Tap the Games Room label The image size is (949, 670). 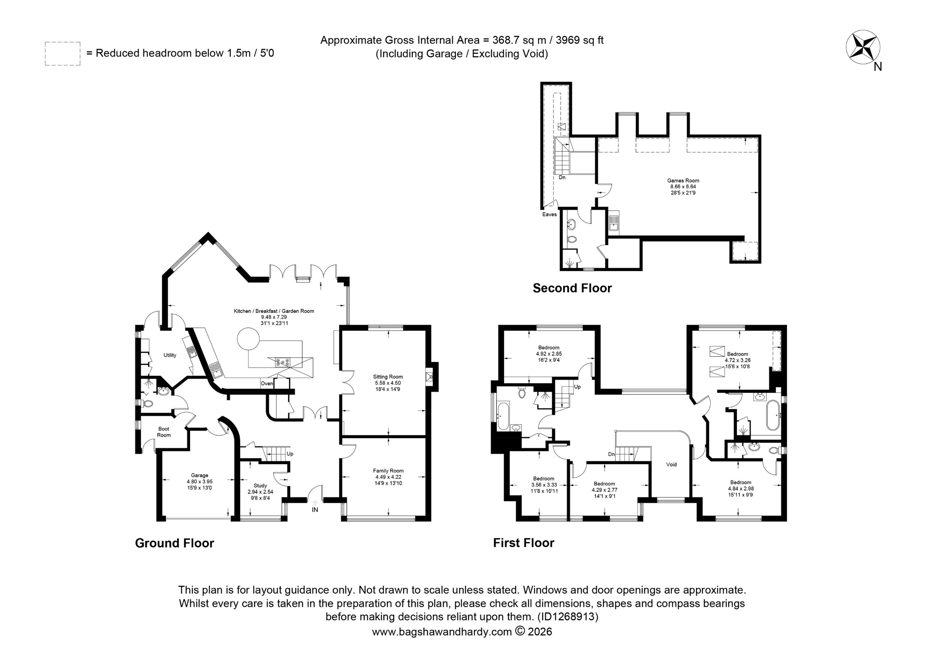pyautogui.click(x=683, y=180)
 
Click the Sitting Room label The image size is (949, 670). pyautogui.click(x=388, y=377)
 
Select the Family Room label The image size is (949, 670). pyautogui.click(x=388, y=471)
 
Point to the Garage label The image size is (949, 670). pyautogui.click(x=200, y=475)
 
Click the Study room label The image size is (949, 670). pyautogui.click(x=260, y=485)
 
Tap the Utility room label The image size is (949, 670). pyautogui.click(x=170, y=355)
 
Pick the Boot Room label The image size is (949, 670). pyautogui.click(x=164, y=432)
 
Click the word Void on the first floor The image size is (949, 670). pyautogui.click(x=671, y=464)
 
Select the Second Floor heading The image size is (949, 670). pyautogui.click(x=572, y=288)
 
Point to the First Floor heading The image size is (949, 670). pyautogui.click(x=524, y=542)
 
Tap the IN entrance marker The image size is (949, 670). pyautogui.click(x=315, y=510)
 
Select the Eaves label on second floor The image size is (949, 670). pyautogui.click(x=549, y=214)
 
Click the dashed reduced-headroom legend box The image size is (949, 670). pyautogui.click(x=62, y=54)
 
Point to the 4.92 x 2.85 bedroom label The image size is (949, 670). pyautogui.click(x=549, y=353)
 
